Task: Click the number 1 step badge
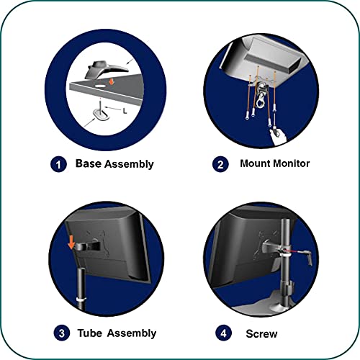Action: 58,164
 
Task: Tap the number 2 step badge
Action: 220,164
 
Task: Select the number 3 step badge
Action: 62,333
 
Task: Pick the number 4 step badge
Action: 223,333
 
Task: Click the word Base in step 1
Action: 89,163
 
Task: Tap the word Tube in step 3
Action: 90,333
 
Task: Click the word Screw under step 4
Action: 261,334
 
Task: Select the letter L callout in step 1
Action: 125,111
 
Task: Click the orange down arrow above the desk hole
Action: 111,81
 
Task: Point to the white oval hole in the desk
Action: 100,86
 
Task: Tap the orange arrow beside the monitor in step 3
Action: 71,242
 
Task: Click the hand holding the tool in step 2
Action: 278,137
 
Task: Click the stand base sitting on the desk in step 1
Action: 107,70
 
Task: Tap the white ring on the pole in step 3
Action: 81,300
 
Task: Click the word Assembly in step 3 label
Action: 132,333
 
